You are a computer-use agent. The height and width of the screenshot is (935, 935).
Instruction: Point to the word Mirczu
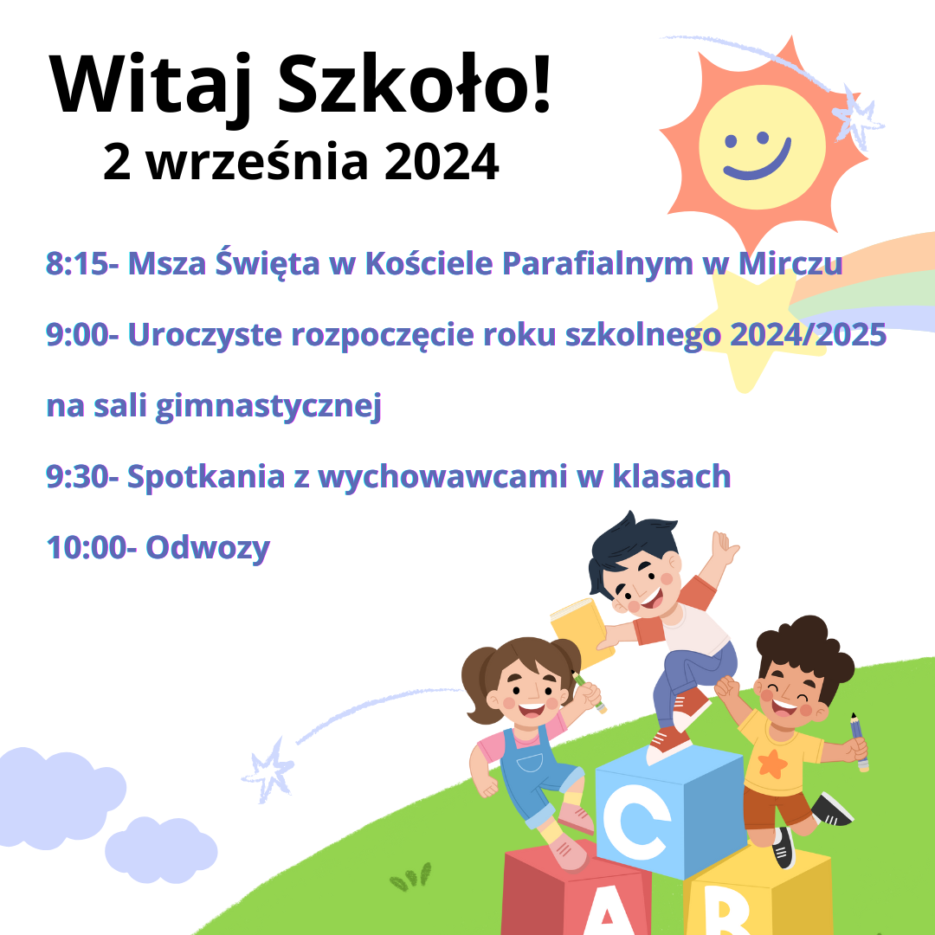(x=790, y=263)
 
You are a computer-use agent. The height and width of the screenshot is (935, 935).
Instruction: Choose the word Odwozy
(x=208, y=547)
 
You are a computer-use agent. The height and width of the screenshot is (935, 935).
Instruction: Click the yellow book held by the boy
(x=581, y=633)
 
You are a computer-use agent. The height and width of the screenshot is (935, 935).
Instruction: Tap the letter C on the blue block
(x=635, y=821)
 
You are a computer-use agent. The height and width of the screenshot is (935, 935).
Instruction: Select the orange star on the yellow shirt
(x=772, y=764)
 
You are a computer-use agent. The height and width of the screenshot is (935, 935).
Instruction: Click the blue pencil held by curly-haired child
(x=860, y=742)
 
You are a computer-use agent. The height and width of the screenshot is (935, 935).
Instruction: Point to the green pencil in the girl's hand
(x=590, y=692)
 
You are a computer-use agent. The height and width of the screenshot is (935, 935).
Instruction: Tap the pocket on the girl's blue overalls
(x=530, y=763)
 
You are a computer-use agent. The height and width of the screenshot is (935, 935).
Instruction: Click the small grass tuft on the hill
(x=410, y=876)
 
